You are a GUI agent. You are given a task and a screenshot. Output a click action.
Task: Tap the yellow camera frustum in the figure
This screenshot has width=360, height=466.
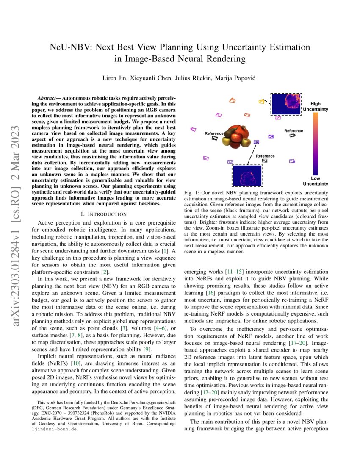click(x=262, y=102)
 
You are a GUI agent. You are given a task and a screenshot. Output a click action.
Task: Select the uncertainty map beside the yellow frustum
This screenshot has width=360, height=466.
click(x=286, y=103)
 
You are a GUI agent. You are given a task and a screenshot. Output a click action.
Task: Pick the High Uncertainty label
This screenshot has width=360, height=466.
click(x=316, y=106)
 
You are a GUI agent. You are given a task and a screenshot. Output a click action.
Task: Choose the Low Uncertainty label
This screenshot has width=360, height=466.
click(x=316, y=181)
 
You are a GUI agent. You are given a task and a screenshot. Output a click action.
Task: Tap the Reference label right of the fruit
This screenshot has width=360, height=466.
click(x=294, y=131)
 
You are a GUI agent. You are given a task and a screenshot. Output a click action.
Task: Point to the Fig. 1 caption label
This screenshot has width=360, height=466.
click(x=191, y=193)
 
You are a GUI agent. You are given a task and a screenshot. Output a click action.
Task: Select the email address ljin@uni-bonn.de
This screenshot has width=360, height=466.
click(x=55, y=429)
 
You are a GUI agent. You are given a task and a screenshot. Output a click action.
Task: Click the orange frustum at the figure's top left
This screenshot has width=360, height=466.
click(x=232, y=100)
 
